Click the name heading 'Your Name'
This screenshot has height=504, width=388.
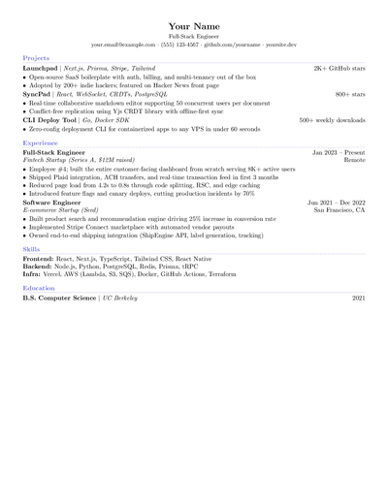coord(194,25)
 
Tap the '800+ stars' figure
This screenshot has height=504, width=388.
coord(350,95)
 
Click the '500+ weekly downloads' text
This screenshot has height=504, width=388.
coord(332,120)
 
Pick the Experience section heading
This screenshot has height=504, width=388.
coord(41,142)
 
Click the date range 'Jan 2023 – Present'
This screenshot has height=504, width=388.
coord(339,153)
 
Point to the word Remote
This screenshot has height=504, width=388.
coord(354,161)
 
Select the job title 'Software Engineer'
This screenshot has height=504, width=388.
coord(52,203)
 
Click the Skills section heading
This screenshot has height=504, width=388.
coord(32,249)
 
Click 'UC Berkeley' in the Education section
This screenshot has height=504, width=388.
coord(121,299)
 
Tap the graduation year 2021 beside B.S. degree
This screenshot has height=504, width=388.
coord(358,299)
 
